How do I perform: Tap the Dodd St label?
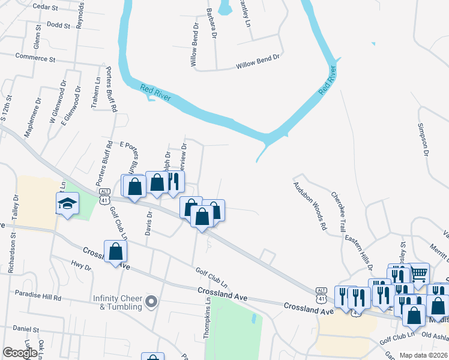(x=58, y=26)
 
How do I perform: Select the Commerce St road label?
(x=35, y=59)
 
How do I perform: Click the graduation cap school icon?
(x=68, y=204)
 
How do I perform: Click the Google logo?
(x=20, y=353)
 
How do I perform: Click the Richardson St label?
(x=12, y=255)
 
